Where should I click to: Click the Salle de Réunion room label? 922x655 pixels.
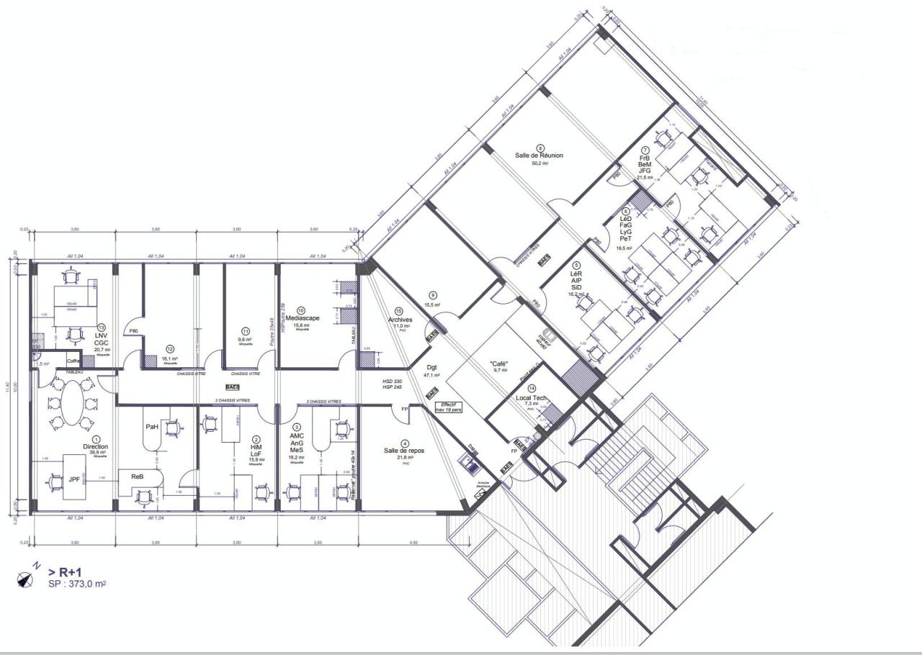coord(539,155)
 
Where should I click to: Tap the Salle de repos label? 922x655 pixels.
coord(404,451)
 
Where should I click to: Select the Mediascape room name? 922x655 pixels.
coord(303,318)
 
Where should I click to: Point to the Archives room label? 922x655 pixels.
coord(400,320)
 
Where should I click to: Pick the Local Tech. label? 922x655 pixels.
coord(531,398)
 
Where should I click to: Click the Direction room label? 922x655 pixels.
coord(95,447)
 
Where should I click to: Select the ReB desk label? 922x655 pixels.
coord(137,476)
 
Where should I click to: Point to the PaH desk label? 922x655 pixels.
coord(152,427)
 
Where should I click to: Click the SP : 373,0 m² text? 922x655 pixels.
coord(77,584)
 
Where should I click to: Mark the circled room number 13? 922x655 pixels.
coord(102,327)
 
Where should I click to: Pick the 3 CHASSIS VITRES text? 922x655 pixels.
coord(323,402)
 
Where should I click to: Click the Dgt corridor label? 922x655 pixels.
coord(431,367)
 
